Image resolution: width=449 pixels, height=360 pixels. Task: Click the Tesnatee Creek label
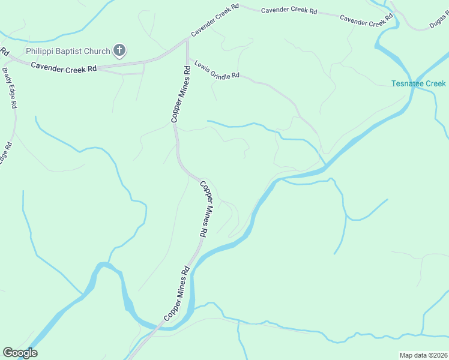(x=418, y=83)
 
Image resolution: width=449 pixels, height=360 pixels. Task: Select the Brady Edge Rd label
(x=9, y=87)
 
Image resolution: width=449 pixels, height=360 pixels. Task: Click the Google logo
(x=20, y=353)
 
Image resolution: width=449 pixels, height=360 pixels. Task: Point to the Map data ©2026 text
(x=423, y=355)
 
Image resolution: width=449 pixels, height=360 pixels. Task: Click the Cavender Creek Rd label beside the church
(x=64, y=68)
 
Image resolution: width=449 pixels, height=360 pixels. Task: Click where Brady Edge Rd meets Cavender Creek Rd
(x=7, y=58)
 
